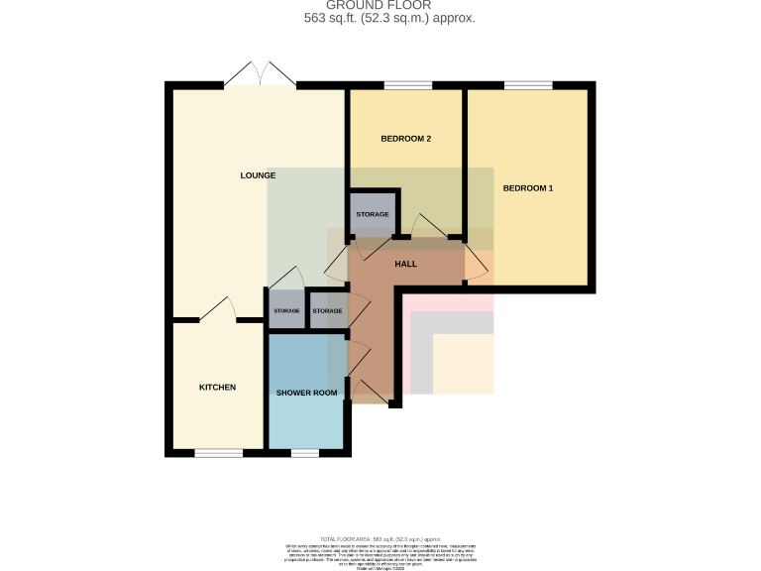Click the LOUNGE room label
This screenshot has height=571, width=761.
point(258,175)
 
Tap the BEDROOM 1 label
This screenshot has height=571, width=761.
point(527,188)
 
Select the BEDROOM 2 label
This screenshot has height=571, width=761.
point(405,139)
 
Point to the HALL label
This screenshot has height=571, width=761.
point(405,265)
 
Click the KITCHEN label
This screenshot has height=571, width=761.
point(217,387)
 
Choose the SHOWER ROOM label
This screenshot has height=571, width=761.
point(306,393)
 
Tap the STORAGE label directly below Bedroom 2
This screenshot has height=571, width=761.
point(372,214)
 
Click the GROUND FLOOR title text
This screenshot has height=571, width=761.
point(380,6)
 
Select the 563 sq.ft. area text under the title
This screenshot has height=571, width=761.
point(388,19)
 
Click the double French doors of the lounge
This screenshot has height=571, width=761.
point(261,75)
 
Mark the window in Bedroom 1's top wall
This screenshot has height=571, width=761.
point(528,85)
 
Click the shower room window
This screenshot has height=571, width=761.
point(304,453)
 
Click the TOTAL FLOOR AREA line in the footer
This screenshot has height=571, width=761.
point(380,535)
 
